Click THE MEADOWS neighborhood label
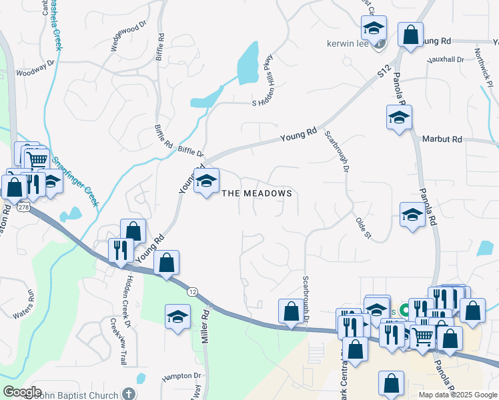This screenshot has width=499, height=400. [x=257, y=193]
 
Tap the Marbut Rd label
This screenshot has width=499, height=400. [x=442, y=139]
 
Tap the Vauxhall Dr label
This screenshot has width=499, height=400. [x=447, y=60]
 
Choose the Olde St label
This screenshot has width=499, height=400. [x=363, y=227]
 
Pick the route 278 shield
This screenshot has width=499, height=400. [x=25, y=208]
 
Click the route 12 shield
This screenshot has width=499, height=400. [x=192, y=291]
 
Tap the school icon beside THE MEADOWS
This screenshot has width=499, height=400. [x=206, y=180]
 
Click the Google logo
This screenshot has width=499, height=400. [x=22, y=392]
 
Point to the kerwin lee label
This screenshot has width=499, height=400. [x=348, y=43]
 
